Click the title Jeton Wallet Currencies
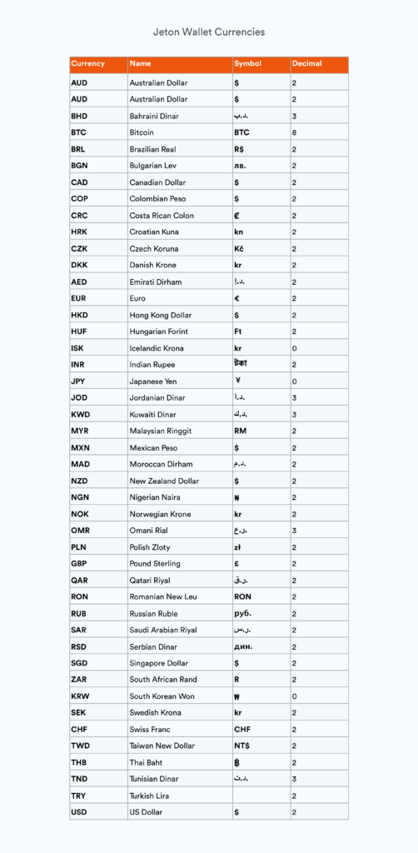click(209, 32)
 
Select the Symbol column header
click(247, 64)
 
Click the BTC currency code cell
click(79, 132)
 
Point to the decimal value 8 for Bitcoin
click(294, 132)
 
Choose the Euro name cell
click(137, 298)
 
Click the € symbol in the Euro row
click(237, 298)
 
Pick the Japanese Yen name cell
click(152, 382)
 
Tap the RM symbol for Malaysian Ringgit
click(241, 431)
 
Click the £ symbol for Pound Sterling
click(236, 564)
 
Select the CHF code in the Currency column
click(79, 730)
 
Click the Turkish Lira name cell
click(150, 796)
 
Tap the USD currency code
click(79, 812)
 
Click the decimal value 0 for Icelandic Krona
click(294, 348)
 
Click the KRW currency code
click(80, 696)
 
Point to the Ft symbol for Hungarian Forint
click(238, 332)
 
